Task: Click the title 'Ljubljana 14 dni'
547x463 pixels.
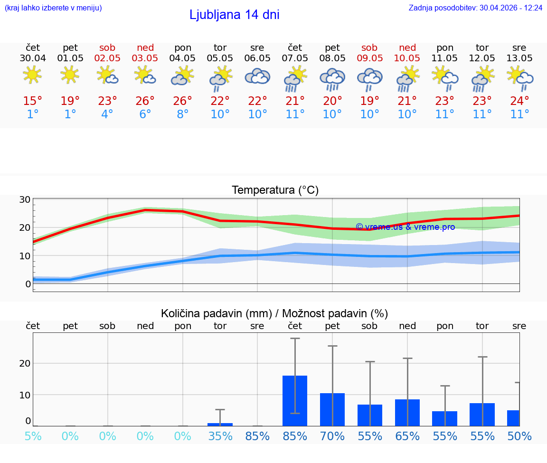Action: [x=234, y=15]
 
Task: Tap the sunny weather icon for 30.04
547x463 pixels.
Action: [x=32, y=75]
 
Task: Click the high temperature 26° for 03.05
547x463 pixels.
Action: [x=145, y=101]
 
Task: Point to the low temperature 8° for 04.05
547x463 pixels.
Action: [x=182, y=114]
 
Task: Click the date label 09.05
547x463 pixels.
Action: [x=369, y=58]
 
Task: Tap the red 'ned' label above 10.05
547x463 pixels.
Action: [x=407, y=47]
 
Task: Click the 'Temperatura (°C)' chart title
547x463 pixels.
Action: [x=275, y=190]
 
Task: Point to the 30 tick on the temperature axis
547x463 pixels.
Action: [x=25, y=200]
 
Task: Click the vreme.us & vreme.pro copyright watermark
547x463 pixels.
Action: [x=405, y=227]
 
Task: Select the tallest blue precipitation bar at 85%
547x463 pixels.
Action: [x=295, y=401]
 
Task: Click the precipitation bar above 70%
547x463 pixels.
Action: [x=332, y=409]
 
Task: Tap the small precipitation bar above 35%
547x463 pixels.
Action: [x=220, y=424]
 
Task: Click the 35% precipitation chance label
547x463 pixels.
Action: [x=220, y=436]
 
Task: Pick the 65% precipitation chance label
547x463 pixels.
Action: [x=407, y=436]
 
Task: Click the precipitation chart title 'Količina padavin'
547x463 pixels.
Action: [x=274, y=313]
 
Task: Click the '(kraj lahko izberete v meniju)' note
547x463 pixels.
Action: [x=53, y=8]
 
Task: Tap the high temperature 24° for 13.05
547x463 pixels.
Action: [x=519, y=101]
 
